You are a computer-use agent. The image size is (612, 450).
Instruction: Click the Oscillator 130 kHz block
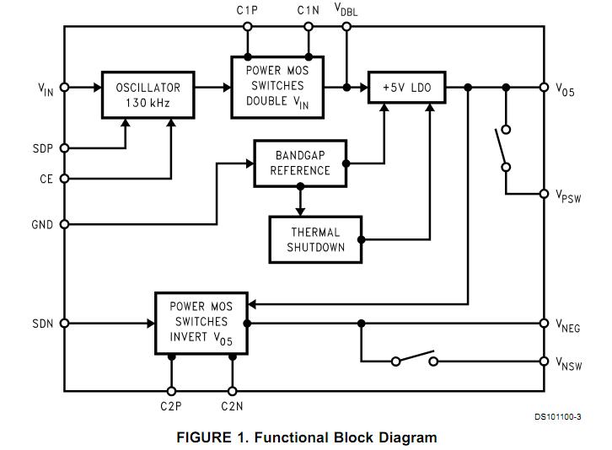coord(148,94)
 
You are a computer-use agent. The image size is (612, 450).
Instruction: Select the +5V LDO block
coord(406,87)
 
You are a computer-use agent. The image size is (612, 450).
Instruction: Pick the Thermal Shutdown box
coord(314,239)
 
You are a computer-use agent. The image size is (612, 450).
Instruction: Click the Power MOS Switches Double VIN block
coord(275,86)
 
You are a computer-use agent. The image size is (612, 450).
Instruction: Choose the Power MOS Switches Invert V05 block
coord(201,323)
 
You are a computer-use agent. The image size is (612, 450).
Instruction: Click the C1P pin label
coord(247,10)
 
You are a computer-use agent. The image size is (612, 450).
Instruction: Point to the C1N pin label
coord(308,10)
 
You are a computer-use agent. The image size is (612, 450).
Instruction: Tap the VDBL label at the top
coord(346,10)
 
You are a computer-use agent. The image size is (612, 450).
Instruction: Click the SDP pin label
coord(42,148)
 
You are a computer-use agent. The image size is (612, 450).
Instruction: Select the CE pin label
coord(46,179)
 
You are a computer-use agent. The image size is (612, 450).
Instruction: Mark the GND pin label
coord(42,225)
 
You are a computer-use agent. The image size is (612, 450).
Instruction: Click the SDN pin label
coord(42,323)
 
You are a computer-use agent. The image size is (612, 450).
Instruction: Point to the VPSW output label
coord(569,196)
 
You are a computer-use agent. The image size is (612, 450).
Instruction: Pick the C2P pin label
coord(171,406)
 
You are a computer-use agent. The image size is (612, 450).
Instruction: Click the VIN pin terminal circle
coord(65,87)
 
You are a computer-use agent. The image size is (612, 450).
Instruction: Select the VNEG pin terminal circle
coord(544,323)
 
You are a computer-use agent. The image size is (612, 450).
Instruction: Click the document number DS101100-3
coord(556,416)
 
